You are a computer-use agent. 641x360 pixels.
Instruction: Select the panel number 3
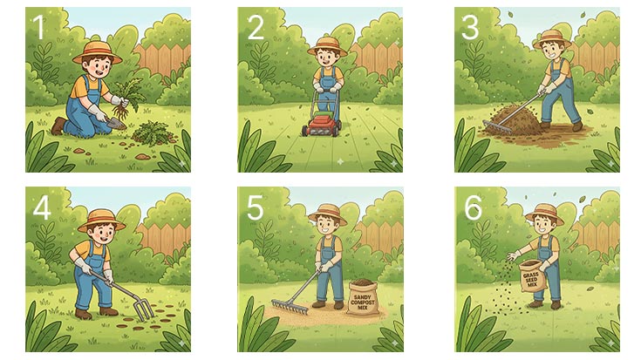pos(470,28)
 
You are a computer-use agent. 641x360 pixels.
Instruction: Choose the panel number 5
pos(255,208)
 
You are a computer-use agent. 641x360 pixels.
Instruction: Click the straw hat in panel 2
pos(327,44)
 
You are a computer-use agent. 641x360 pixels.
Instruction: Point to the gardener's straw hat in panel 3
pos(551,39)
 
